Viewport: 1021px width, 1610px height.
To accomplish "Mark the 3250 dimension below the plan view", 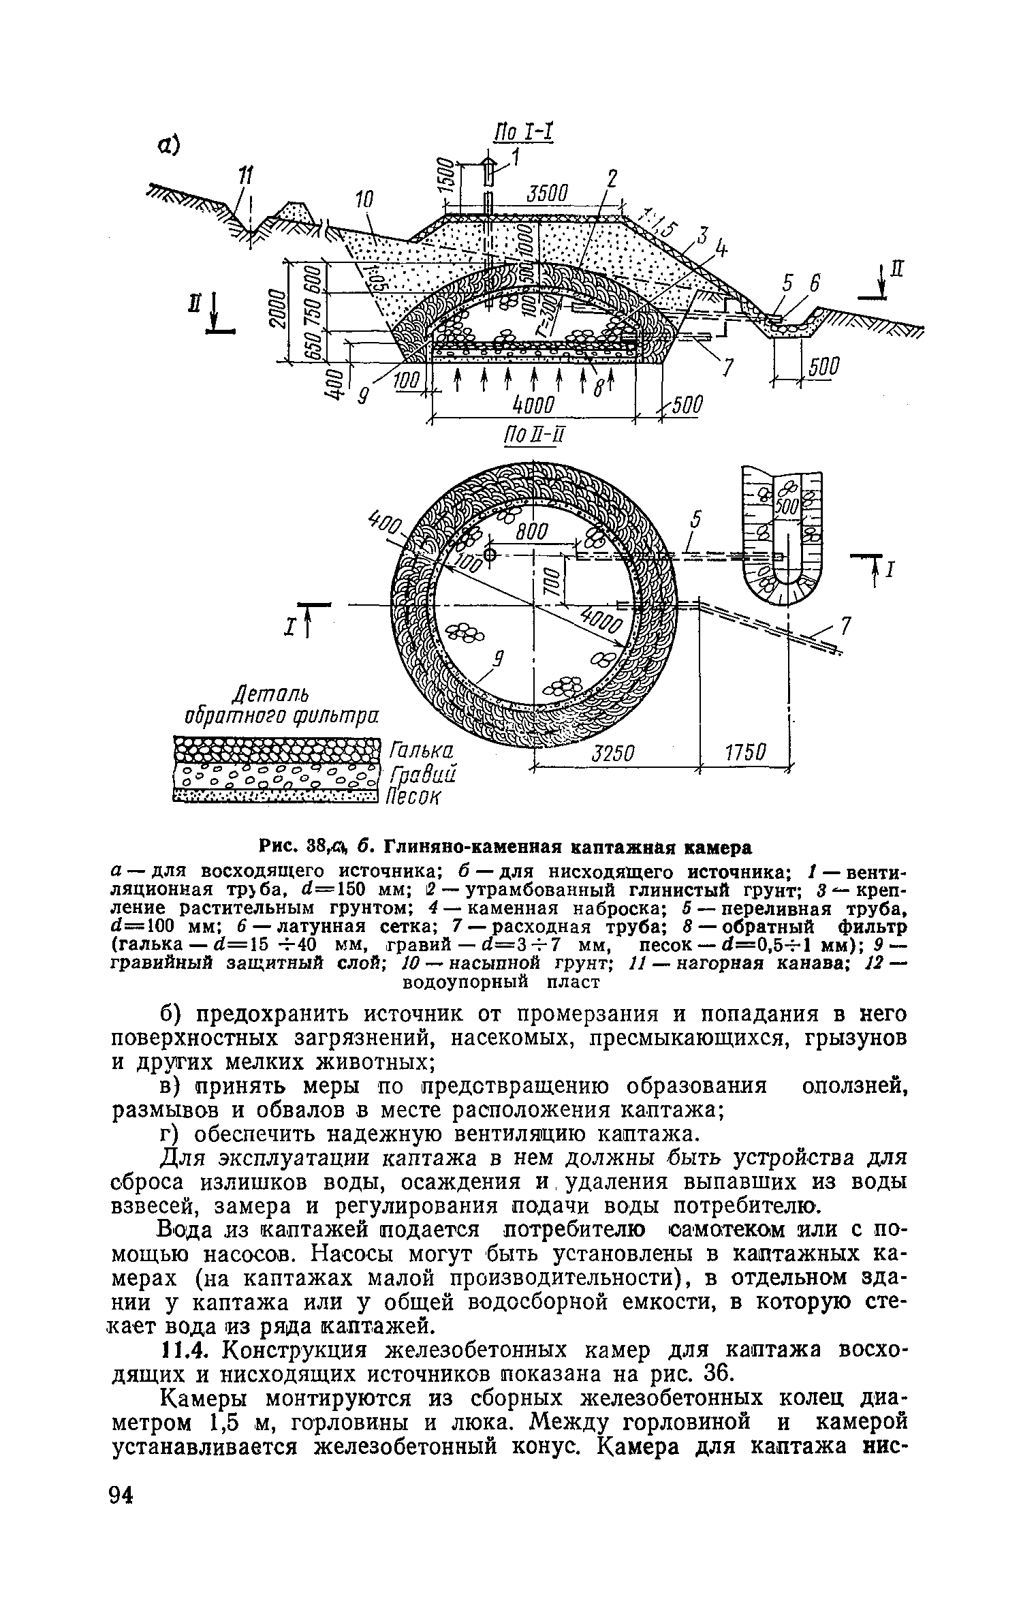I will pyautogui.click(x=613, y=754).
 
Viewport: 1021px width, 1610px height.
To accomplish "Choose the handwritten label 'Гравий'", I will pyautogui.click(x=422, y=775).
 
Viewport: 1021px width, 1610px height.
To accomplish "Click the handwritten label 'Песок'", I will pyautogui.click(x=415, y=796).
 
